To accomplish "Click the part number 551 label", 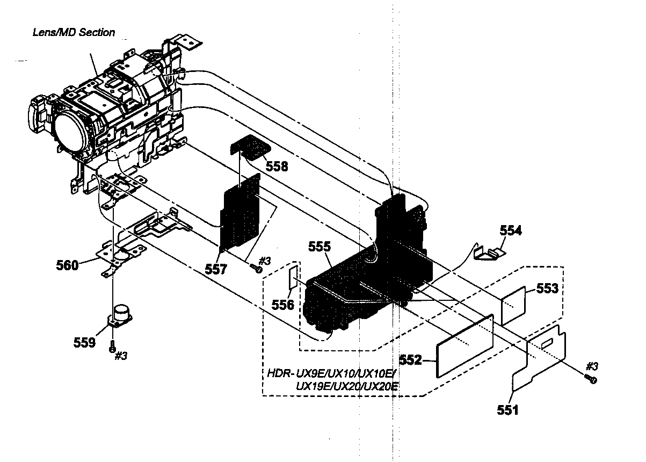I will [x=507, y=411].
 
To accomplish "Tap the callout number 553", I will [x=547, y=288].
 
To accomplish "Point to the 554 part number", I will [x=510, y=230].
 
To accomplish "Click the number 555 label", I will [x=320, y=247].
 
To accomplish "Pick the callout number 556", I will [x=282, y=305].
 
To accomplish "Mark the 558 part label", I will [x=277, y=167].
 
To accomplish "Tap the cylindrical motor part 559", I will [x=122, y=314].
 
